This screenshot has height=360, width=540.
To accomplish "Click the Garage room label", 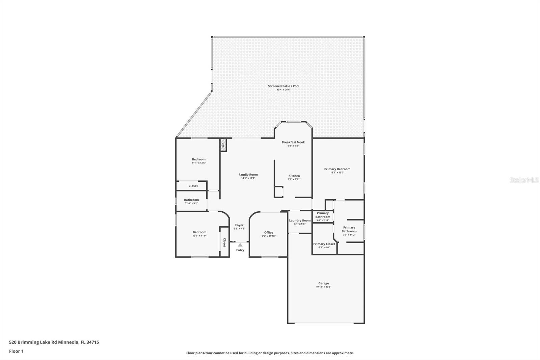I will click(x=323, y=283).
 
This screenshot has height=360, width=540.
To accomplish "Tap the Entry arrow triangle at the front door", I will click(x=240, y=245).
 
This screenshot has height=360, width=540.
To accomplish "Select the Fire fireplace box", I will click(x=223, y=145).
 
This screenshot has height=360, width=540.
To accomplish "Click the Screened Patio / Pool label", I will click(x=283, y=86).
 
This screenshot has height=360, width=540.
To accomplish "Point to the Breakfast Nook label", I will click(x=293, y=142).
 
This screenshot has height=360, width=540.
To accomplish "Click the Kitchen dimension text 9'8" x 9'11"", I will click(x=294, y=179).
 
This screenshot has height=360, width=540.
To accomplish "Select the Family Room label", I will click(x=248, y=175).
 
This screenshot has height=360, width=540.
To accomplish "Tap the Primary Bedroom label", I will click(x=337, y=169).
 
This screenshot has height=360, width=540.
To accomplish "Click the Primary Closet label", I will click(x=324, y=244).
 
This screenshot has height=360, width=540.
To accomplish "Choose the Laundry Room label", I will click(x=300, y=220).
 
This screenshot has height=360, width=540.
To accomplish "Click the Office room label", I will click(x=269, y=232).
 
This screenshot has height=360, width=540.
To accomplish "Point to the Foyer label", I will click(x=239, y=225).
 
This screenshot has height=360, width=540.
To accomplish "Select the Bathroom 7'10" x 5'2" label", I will click(x=191, y=200).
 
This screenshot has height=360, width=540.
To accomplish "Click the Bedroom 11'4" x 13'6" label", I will click(x=199, y=159).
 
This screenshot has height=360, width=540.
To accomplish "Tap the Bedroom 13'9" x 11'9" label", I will click(x=199, y=232).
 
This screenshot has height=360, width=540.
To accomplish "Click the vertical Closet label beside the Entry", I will click(x=224, y=242).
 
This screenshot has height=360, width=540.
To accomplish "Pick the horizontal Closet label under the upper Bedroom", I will click(x=193, y=186).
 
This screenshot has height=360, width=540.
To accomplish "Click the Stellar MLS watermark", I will click(x=524, y=180).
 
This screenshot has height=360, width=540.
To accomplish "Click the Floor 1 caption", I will click(x=16, y=351).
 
